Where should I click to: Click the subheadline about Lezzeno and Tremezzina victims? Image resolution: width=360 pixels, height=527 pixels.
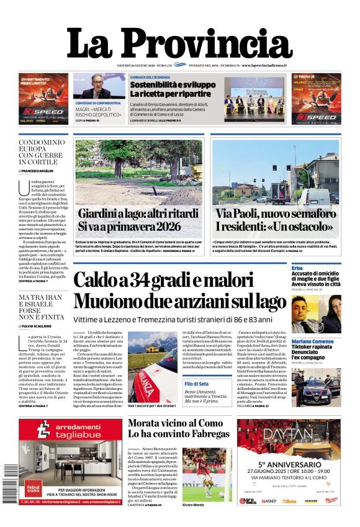[x=172, y=319]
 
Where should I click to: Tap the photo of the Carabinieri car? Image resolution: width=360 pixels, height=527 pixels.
[x=317, y=387]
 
